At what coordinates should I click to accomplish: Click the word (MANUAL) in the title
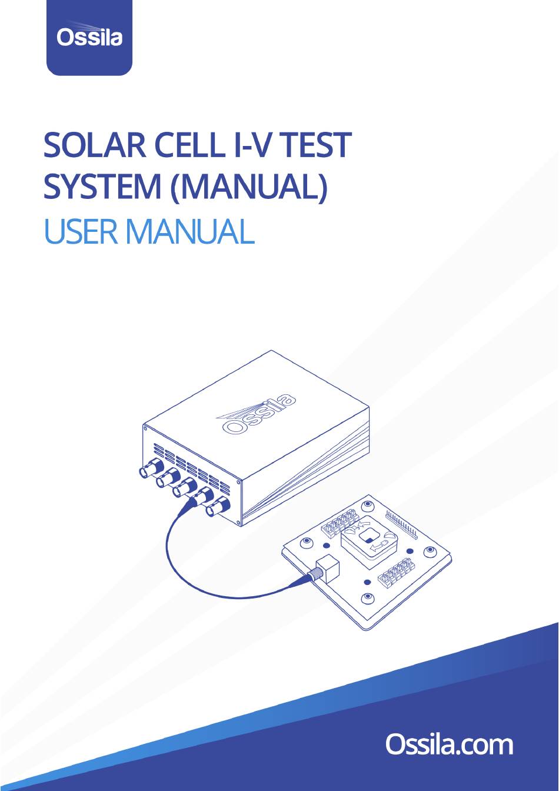click(248, 187)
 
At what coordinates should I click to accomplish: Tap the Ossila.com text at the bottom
click(449, 744)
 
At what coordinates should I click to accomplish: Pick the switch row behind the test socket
click(339, 521)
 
